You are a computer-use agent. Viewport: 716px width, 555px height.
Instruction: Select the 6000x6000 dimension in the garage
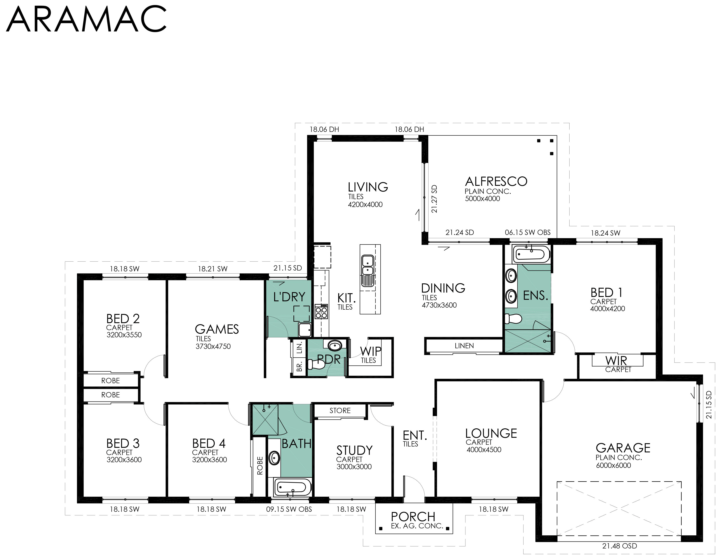[613, 465]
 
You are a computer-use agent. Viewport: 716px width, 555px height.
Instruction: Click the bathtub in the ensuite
[531, 254]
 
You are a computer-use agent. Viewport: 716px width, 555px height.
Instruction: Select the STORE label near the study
[340, 411]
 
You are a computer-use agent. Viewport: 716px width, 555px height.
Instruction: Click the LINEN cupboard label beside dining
[464, 346]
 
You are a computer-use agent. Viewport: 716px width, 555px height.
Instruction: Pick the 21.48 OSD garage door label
[620, 546]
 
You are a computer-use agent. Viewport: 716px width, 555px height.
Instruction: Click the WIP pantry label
[370, 351]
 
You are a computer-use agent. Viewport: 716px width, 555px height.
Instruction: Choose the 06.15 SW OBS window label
[528, 233]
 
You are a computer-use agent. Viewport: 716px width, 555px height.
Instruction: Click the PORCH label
[413, 517]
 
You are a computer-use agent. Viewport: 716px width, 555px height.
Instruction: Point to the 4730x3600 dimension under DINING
[439, 305]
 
